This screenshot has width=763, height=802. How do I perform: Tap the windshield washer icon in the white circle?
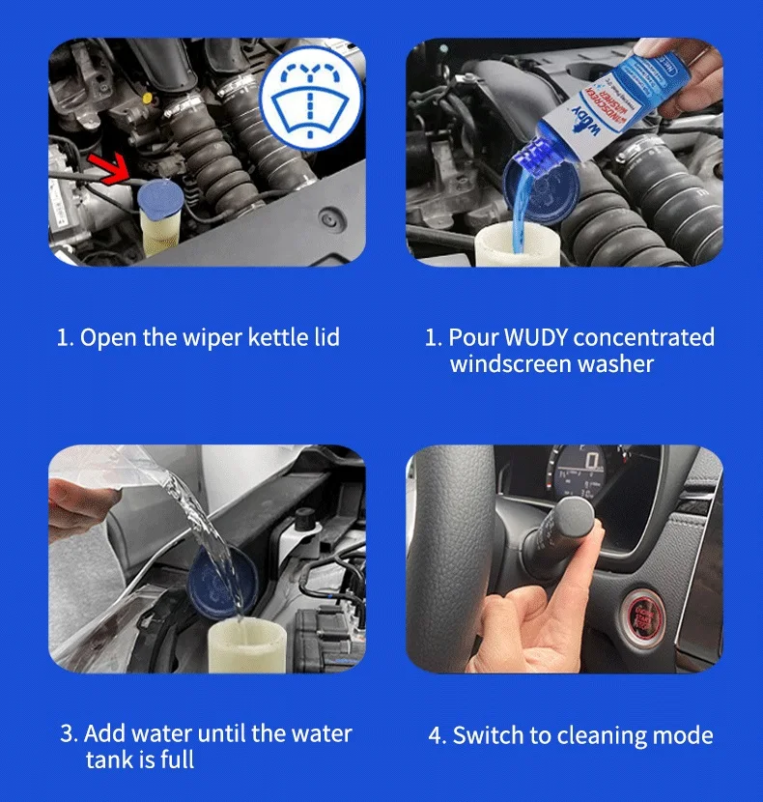(309, 100)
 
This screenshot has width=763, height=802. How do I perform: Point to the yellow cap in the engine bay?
(147, 99)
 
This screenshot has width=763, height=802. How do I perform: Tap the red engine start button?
(643, 618)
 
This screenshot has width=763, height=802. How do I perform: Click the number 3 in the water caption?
(67, 733)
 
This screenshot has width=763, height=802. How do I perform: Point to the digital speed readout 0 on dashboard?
(592, 461)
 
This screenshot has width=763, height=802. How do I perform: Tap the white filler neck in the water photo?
(247, 645)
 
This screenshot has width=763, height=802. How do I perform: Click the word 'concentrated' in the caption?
(644, 337)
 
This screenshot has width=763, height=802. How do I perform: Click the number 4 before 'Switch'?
(435, 736)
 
